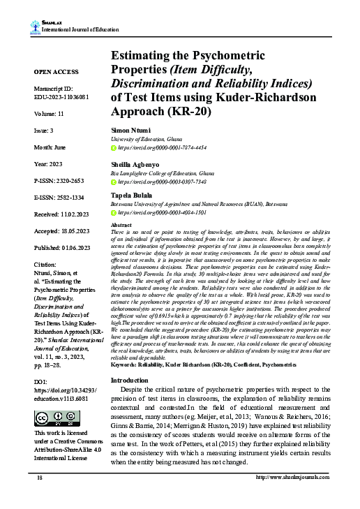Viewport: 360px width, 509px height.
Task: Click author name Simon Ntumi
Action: (x=130, y=131)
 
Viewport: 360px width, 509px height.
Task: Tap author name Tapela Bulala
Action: (x=132, y=196)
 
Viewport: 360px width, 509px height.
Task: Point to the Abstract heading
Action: (x=122, y=226)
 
